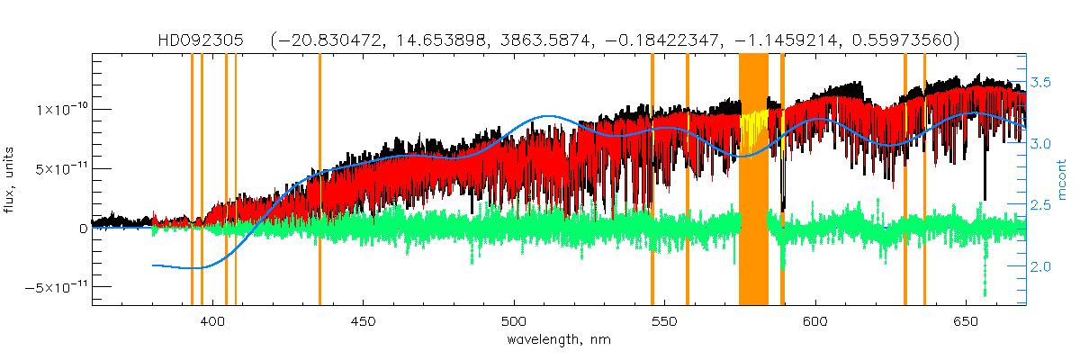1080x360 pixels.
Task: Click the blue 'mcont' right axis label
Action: [1062, 180]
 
